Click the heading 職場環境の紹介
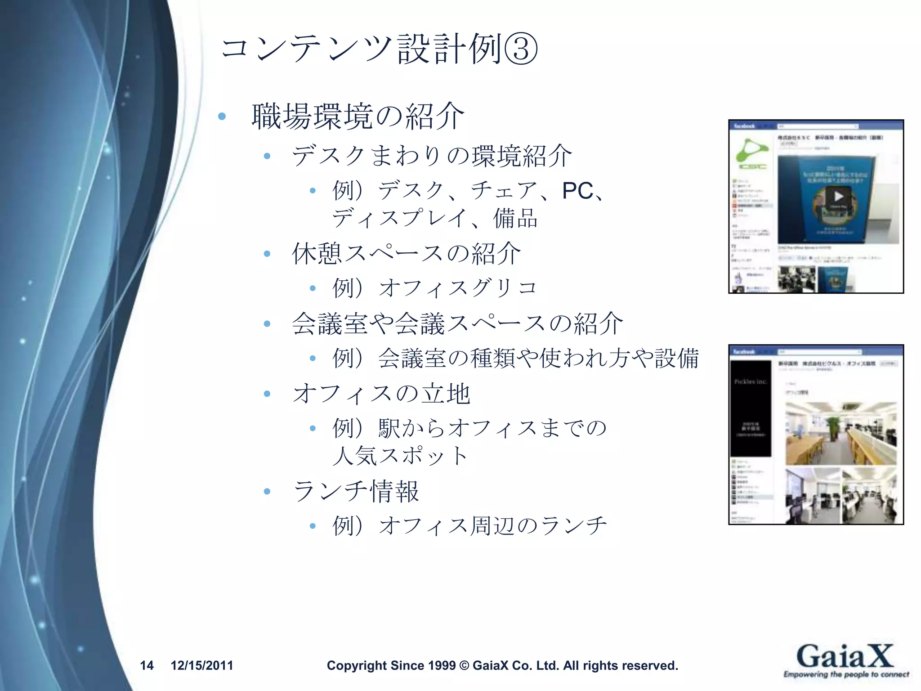click(358, 117)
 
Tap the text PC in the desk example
click(577, 191)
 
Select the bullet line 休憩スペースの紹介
click(406, 253)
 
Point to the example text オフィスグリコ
click(458, 288)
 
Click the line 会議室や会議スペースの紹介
click(457, 323)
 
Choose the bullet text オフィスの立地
click(381, 394)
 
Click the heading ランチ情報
click(356, 491)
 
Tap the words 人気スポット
click(400, 456)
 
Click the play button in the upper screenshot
click(838, 197)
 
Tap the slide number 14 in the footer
click(147, 665)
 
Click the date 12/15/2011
click(202, 665)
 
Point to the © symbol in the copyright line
click(464, 665)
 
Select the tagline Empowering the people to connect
click(846, 674)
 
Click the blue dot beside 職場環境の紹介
click(221, 117)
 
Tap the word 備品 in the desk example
click(515, 218)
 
